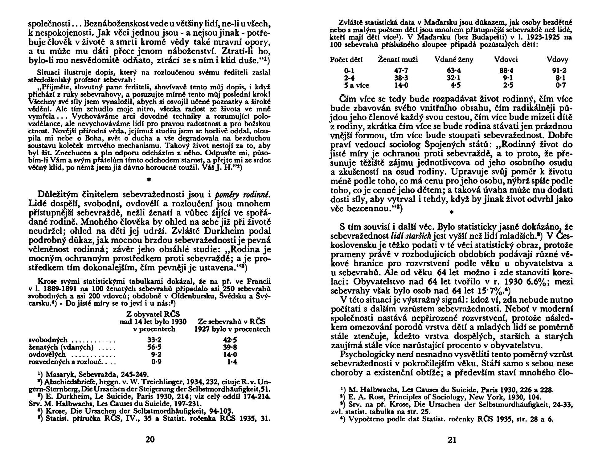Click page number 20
point(150,440)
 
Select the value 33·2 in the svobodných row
point(154,340)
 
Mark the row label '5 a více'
point(357,85)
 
